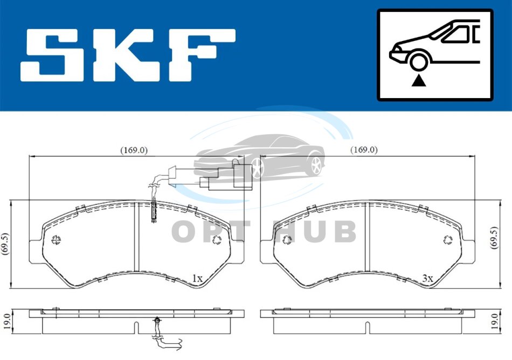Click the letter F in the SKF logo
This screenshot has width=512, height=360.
tap(202, 55)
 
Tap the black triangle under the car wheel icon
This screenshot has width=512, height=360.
tap(419, 80)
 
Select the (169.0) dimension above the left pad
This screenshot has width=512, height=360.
tap(134, 150)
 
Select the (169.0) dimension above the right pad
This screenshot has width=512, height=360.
tap(364, 150)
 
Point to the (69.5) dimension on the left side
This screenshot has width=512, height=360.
tap(4, 244)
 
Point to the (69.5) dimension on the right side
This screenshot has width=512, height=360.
tap(494, 238)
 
